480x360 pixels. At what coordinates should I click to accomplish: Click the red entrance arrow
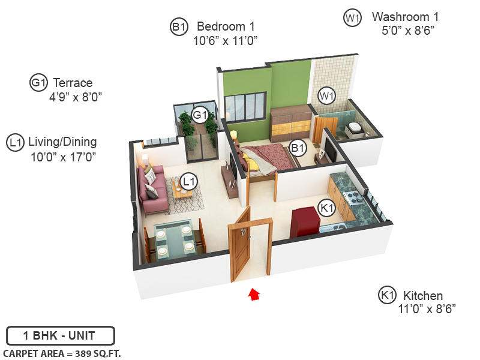(x=254, y=294)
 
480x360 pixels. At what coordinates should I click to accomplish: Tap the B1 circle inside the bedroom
(x=298, y=147)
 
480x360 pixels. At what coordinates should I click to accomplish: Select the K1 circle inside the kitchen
(x=326, y=208)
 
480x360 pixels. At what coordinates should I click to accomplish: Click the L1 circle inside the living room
(x=188, y=180)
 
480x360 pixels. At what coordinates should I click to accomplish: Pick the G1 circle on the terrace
(x=200, y=115)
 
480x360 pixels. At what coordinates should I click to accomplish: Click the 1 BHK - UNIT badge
(x=60, y=335)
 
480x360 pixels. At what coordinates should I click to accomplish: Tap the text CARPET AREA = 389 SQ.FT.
(x=62, y=353)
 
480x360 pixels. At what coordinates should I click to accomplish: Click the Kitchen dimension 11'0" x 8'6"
(x=427, y=309)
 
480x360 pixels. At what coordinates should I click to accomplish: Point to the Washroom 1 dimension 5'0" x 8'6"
(x=407, y=29)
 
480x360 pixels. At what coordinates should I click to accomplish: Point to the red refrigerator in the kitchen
(x=305, y=223)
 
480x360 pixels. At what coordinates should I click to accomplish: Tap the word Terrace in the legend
(x=73, y=83)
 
